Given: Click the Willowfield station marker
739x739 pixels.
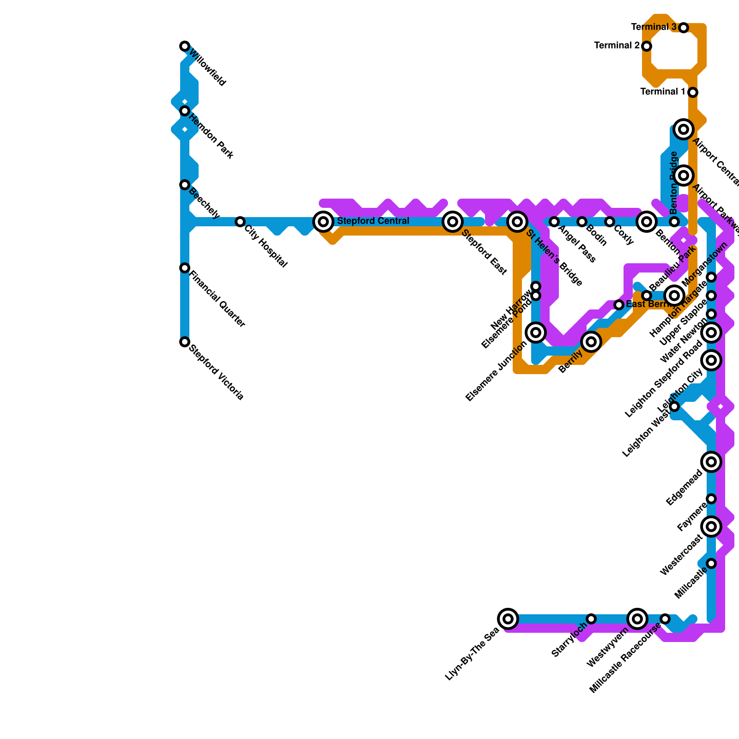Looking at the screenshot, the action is tap(185, 46).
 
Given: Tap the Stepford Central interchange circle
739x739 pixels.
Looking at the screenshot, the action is tap(323, 222).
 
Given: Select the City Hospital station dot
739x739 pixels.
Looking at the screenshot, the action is tap(240, 222).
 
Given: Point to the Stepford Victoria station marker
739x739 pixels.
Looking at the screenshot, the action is tap(185, 342).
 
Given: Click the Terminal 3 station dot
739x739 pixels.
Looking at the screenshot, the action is tap(684, 28).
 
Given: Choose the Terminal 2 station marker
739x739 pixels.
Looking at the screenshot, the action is tap(647, 46).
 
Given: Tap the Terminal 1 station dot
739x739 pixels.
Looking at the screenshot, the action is tap(692, 92).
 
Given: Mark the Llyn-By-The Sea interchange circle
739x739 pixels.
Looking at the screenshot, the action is tap(508, 618).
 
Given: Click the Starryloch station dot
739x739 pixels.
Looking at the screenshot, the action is tap(591, 618).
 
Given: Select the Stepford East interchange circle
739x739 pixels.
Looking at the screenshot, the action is tap(453, 222).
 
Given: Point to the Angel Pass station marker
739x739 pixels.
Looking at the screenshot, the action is tap(554, 222).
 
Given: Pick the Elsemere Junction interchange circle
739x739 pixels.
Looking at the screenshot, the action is tap(536, 332).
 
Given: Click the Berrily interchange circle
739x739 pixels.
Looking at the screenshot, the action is tap(591, 342).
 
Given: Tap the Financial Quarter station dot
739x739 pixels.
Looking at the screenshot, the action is tap(185, 268).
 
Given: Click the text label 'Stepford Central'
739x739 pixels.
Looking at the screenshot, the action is tap(373, 221).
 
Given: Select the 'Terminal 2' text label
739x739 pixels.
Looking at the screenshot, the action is tap(617, 46).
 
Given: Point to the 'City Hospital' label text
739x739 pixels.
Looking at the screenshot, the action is tap(266, 246).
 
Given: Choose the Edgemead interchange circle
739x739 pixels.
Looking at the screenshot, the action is tap(711, 461).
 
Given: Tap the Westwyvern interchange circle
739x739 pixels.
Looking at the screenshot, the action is tap(637, 618).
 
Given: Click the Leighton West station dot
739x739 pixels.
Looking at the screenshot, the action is tap(674, 406).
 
